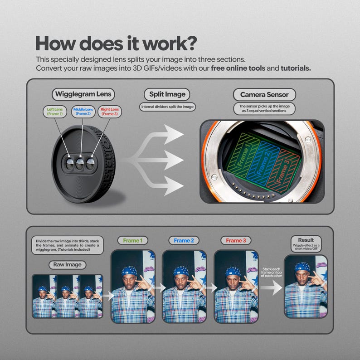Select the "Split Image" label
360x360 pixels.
(x=167, y=95)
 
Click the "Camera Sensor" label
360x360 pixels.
(x=264, y=95)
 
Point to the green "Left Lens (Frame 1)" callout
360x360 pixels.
(x=55, y=112)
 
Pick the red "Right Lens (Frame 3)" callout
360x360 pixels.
(x=110, y=112)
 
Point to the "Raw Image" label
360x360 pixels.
(x=67, y=265)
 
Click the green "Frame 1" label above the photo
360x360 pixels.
(x=133, y=240)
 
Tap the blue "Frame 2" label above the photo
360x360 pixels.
(x=184, y=240)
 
